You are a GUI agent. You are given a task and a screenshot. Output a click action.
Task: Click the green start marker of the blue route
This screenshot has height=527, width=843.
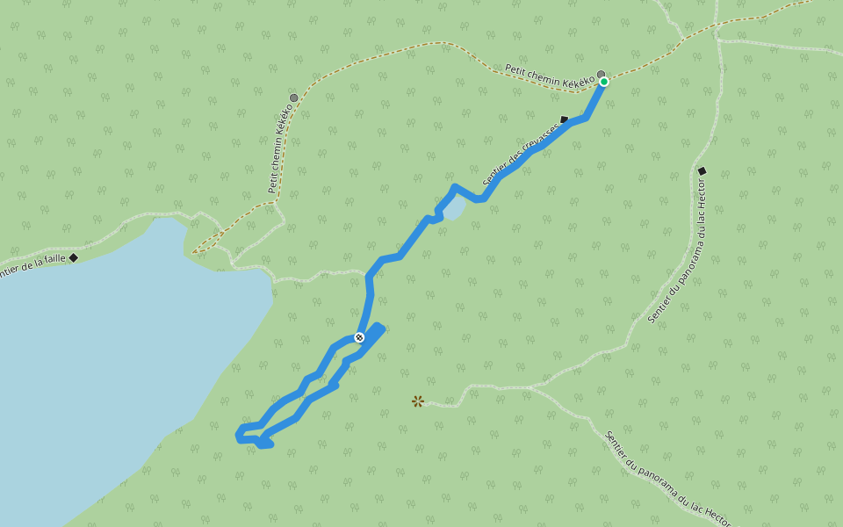point(604,82)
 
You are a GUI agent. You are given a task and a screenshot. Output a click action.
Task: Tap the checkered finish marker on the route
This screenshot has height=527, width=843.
point(359,337)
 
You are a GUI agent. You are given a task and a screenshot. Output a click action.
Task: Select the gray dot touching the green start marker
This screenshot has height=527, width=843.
point(601,75)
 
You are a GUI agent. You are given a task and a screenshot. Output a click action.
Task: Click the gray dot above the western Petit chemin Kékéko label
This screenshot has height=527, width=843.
point(293,97)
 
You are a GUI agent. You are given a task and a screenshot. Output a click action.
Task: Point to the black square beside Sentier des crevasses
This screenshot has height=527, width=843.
point(564,119)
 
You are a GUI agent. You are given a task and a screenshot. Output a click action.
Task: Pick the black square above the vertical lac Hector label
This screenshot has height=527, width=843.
point(702,170)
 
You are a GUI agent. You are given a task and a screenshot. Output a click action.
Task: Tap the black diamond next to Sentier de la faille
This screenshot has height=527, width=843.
point(74,257)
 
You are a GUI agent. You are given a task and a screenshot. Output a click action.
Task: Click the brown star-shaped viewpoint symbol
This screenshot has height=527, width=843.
point(418,401)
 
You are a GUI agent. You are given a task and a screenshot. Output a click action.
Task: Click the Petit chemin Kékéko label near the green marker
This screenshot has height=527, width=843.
point(549,76)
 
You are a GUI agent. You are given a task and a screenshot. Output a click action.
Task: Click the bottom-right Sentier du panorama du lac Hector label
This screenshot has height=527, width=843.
point(667,478)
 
